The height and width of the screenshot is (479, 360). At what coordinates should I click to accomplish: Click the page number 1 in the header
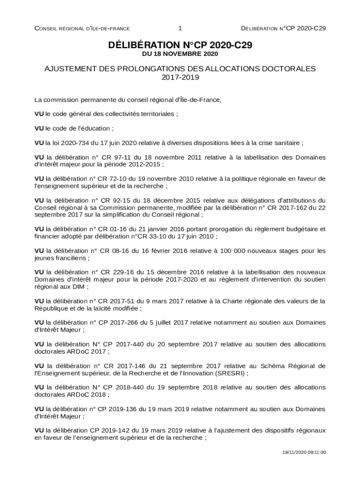[x=180, y=28]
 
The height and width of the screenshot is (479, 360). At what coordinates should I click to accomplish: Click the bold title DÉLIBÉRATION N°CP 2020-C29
[x=180, y=45]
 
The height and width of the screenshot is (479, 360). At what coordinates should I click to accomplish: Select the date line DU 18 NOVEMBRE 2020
[x=180, y=54]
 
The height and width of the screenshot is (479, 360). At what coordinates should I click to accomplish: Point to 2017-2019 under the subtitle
[x=180, y=77]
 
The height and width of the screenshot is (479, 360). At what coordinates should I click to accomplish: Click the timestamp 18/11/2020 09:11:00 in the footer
[x=304, y=452]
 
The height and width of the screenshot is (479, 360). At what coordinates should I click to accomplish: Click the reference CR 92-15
[x=117, y=200]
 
